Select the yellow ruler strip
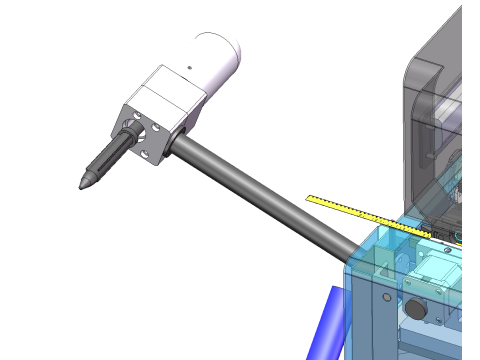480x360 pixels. pyautogui.click(x=360, y=212)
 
